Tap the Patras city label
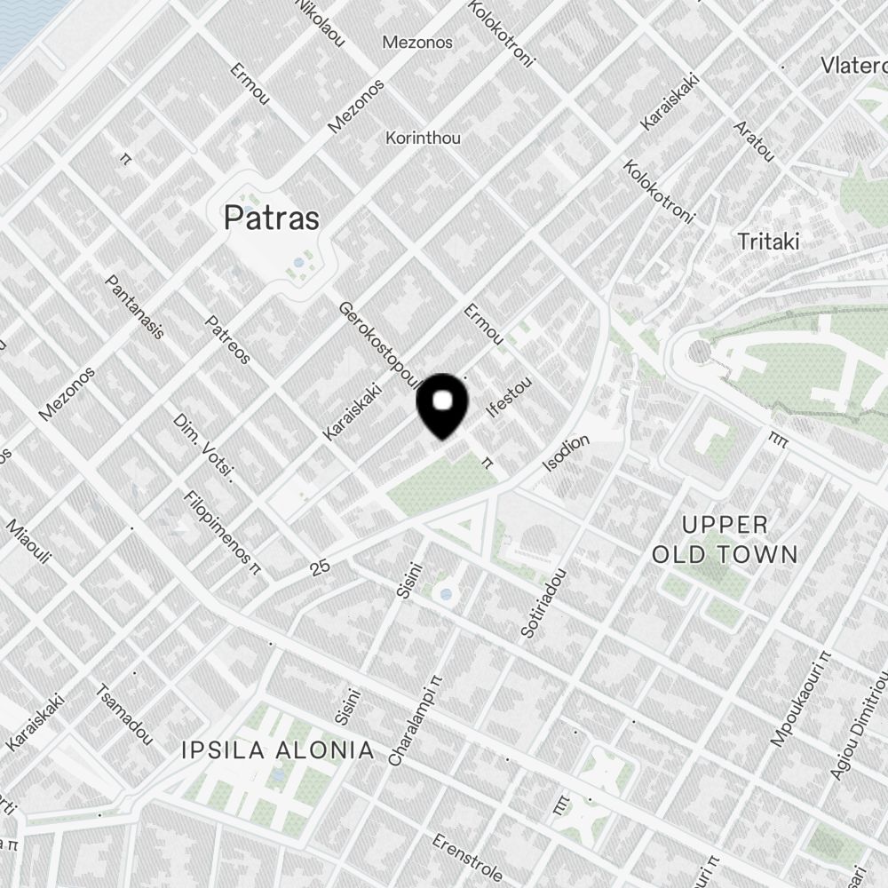(272, 218)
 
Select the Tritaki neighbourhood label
(769, 241)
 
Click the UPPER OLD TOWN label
(725, 539)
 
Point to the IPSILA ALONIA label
(277, 750)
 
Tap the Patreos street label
(228, 340)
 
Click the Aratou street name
(754, 140)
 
